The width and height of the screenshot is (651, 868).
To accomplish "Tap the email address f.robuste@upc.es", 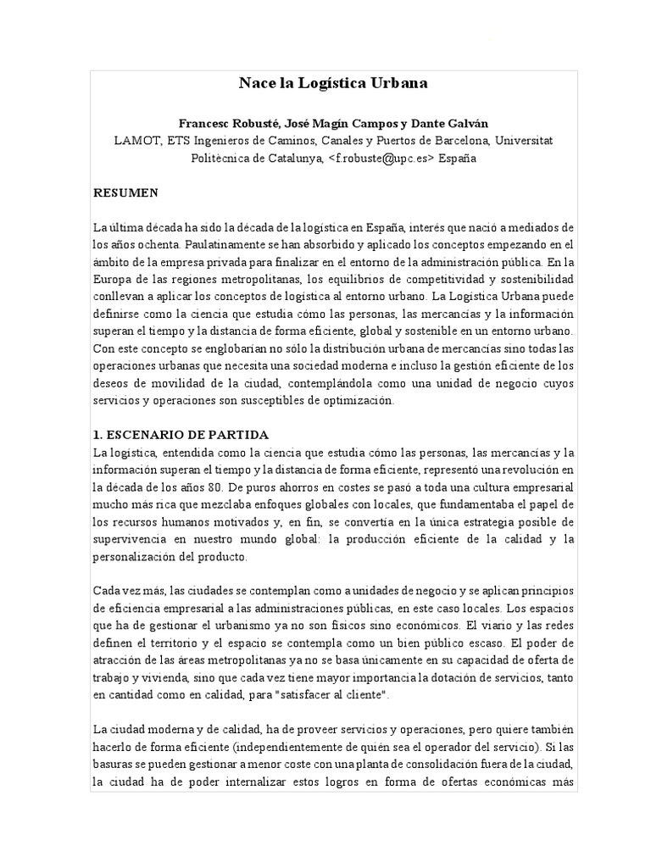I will (384, 158).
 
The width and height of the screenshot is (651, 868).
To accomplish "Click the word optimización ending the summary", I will (356, 400).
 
